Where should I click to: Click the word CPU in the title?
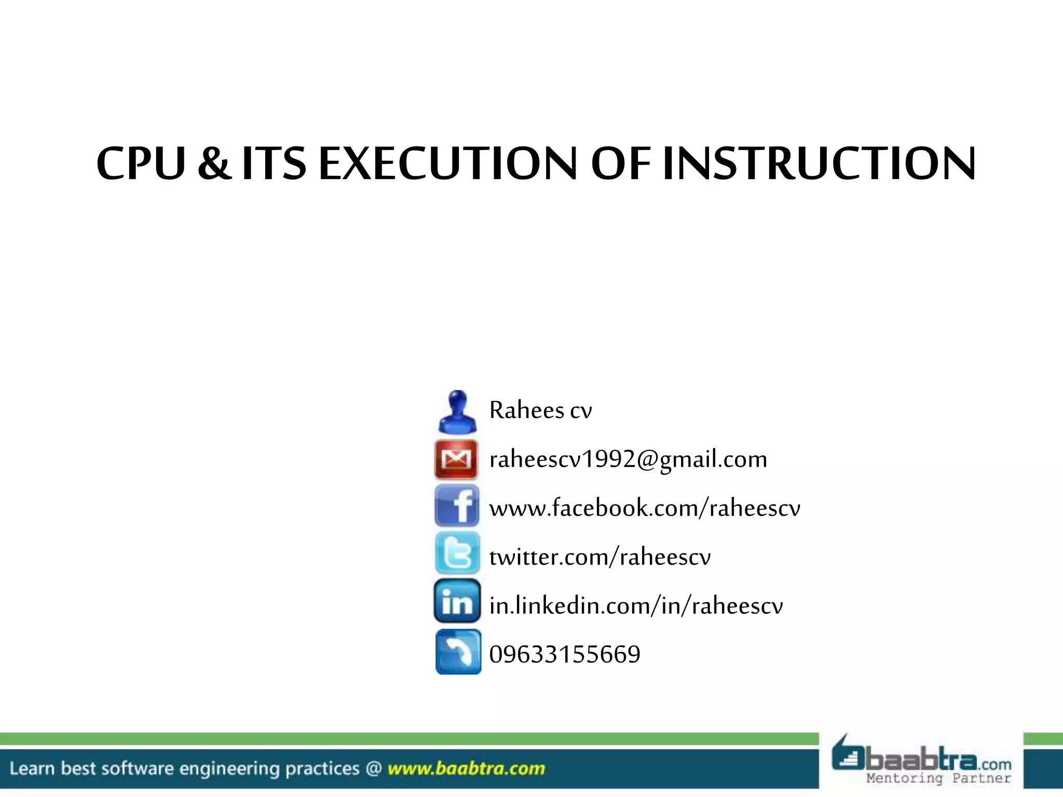(x=141, y=163)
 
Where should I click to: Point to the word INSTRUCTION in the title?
(x=819, y=163)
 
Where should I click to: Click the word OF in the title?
(x=621, y=163)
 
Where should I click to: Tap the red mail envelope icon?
(x=456, y=459)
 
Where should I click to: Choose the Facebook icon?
(x=457, y=506)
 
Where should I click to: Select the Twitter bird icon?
(x=457, y=554)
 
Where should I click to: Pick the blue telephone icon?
(x=458, y=652)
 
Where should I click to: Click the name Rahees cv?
(x=540, y=410)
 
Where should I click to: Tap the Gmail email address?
(x=628, y=459)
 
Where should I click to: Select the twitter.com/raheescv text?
(x=600, y=557)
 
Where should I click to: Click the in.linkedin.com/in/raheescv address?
(x=636, y=606)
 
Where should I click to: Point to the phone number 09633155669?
(x=565, y=654)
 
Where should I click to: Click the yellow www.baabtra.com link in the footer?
(x=466, y=768)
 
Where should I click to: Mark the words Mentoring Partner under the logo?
(x=938, y=778)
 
